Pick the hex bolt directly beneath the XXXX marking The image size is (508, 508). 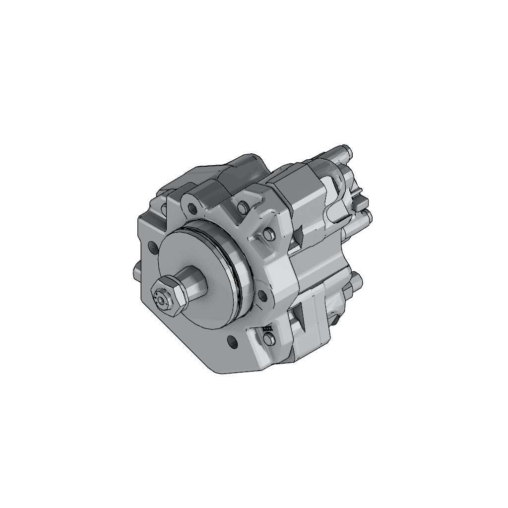268,339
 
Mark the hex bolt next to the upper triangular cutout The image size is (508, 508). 268,234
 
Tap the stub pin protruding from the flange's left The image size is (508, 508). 136,273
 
